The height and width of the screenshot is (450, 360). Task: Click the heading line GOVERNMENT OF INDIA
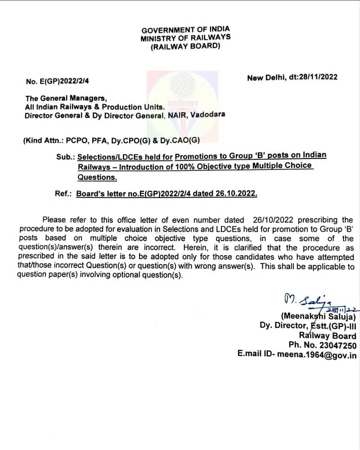pos(185,30)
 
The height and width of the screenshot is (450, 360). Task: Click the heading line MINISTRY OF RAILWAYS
pos(185,38)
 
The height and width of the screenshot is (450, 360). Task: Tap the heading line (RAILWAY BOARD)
pos(185,46)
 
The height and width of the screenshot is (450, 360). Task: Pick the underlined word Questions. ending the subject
pos(97,177)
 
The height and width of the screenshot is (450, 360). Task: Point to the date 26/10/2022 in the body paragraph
pos(270,220)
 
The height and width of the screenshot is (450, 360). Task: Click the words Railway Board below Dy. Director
pos(328,336)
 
